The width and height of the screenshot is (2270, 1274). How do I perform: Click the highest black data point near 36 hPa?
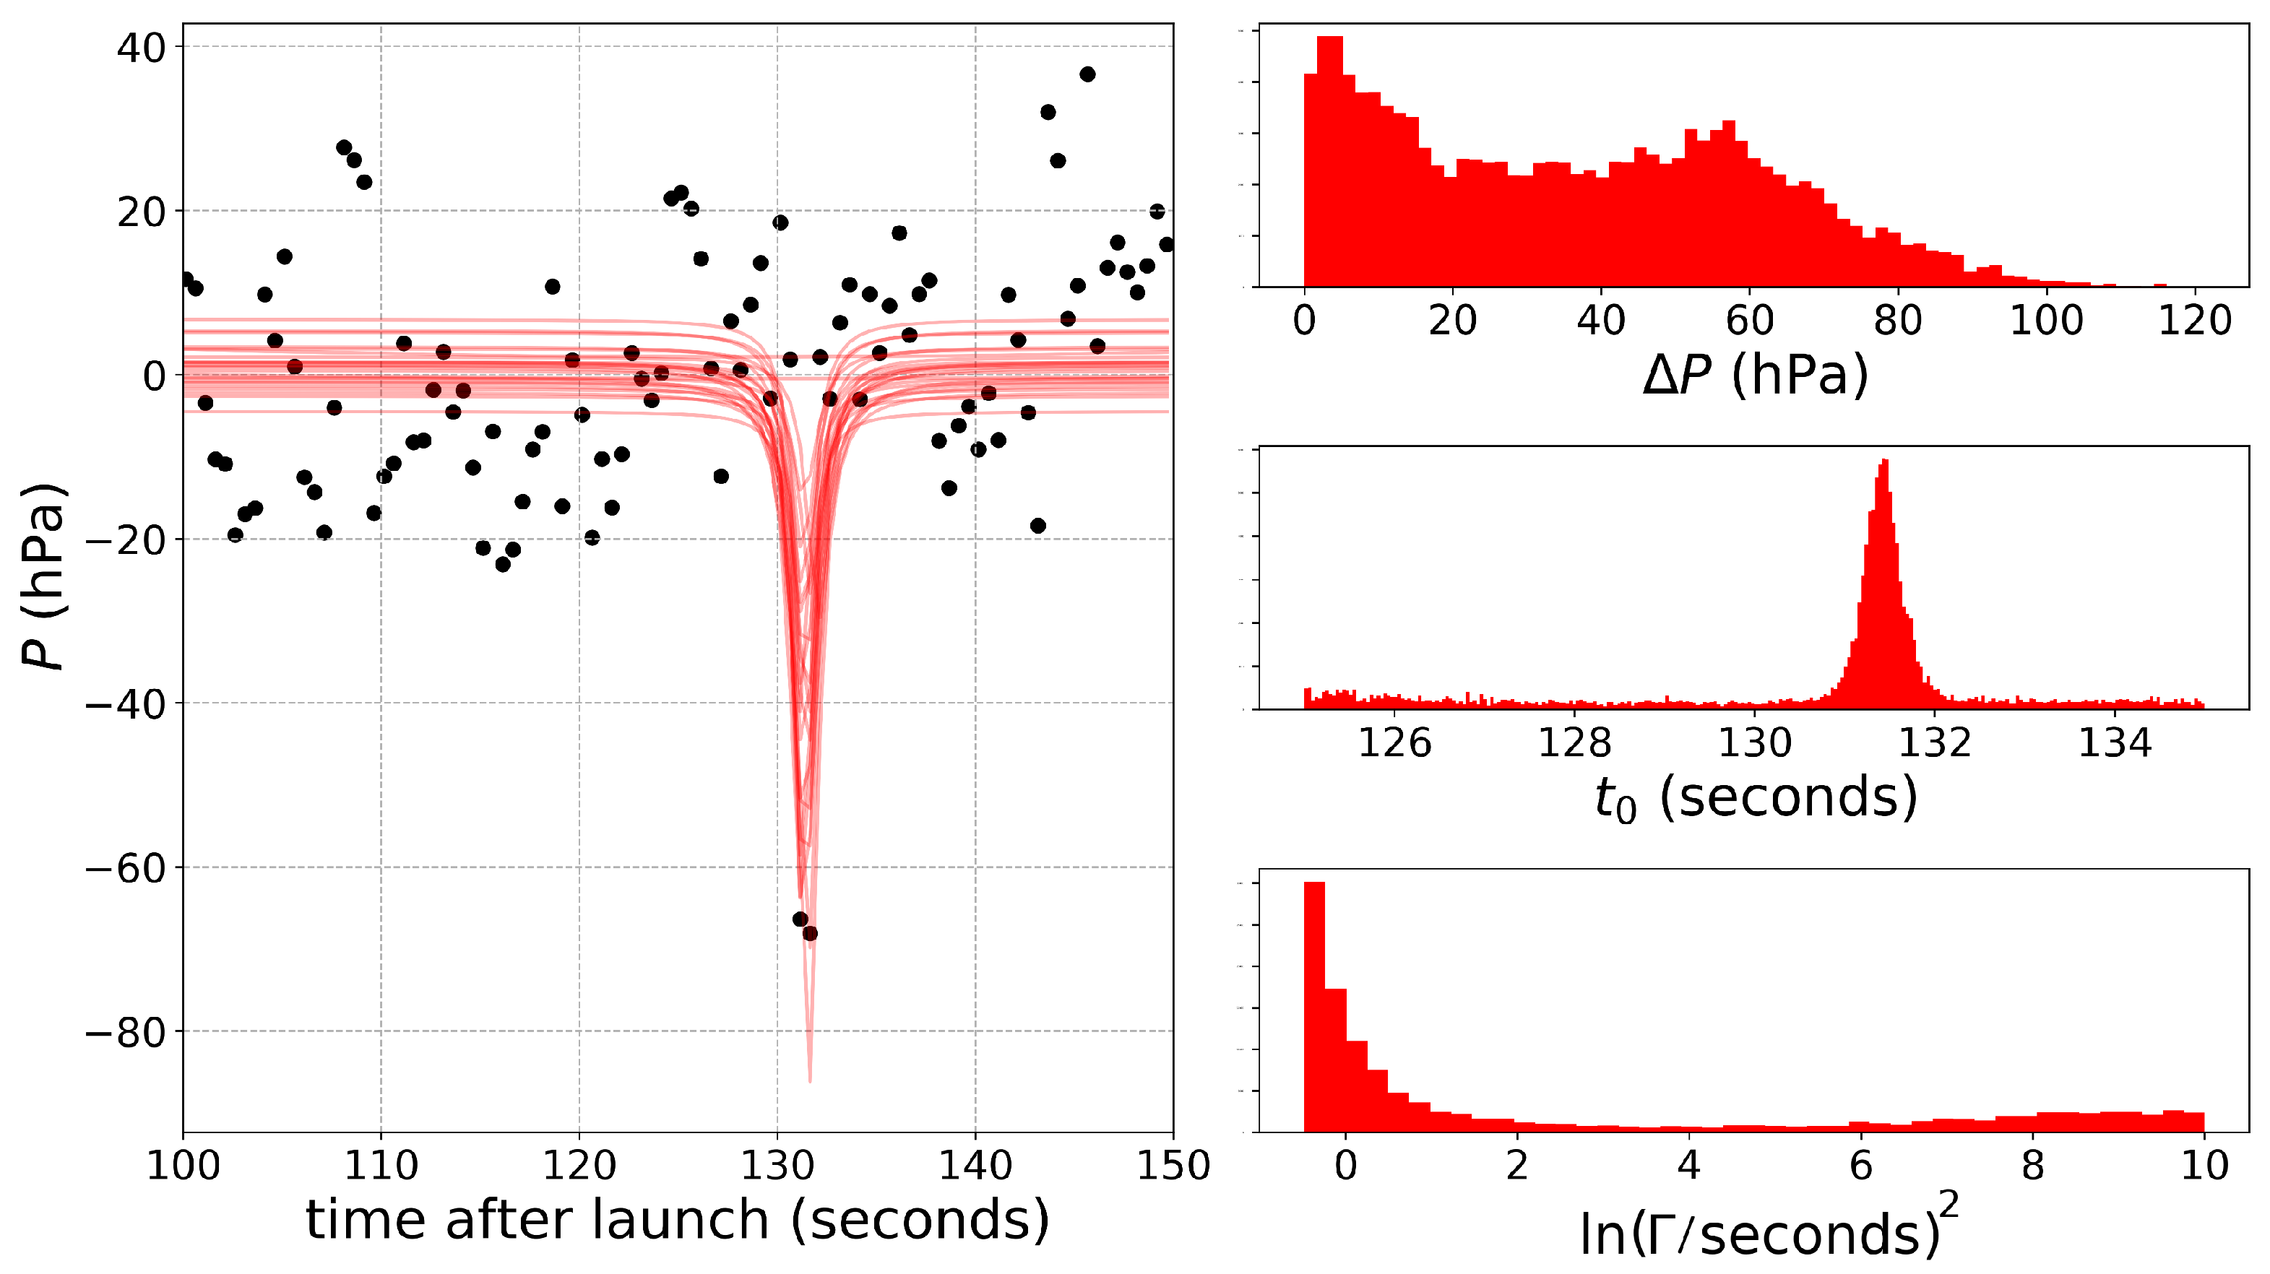pyautogui.click(x=1087, y=74)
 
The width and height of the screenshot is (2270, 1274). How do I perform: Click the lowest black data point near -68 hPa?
pyautogui.click(x=810, y=933)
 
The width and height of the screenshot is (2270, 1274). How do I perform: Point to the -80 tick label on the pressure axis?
pyautogui.click(x=125, y=1032)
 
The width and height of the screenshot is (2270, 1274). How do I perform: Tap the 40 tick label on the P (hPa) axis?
pyautogui.click(x=141, y=48)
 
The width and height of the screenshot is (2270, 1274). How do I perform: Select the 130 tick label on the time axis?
pyautogui.click(x=777, y=1166)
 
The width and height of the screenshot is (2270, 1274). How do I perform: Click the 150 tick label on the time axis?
pyautogui.click(x=1173, y=1166)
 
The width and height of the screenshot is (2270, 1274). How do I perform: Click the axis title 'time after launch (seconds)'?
pyautogui.click(x=678, y=1221)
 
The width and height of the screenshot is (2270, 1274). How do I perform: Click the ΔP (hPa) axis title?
pyautogui.click(x=1756, y=376)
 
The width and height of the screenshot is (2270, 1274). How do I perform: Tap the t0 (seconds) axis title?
pyautogui.click(x=1756, y=798)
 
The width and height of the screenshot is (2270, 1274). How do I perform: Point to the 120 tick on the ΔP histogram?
pyautogui.click(x=2194, y=320)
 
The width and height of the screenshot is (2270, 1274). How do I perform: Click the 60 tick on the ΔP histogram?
pyautogui.click(x=1749, y=320)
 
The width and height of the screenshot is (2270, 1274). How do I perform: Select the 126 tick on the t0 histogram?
pyautogui.click(x=1394, y=742)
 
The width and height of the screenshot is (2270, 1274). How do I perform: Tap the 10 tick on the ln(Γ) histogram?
pyautogui.click(x=2204, y=1165)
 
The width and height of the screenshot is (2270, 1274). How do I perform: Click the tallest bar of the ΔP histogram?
pyautogui.click(x=1330, y=159)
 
